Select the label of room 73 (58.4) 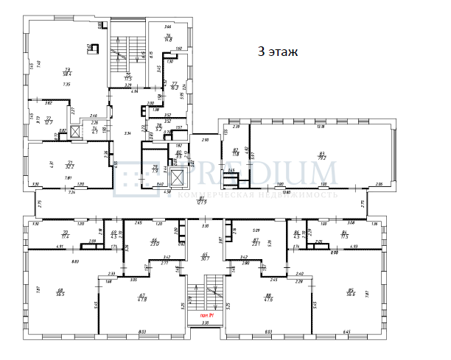tap(67, 72)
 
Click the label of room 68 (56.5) tap(60, 292)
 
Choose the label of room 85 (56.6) tap(351, 291)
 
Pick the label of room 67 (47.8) tap(141, 297)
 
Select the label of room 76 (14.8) tap(168, 38)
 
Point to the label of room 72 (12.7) tap(49, 120)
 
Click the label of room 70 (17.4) tap(66, 235)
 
